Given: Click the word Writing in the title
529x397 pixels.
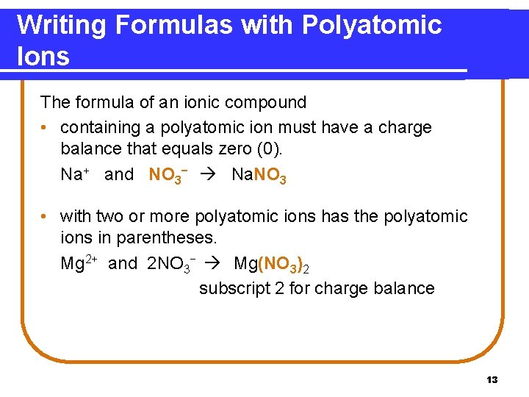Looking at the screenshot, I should [62, 26].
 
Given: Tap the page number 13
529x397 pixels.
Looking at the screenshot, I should [492, 380].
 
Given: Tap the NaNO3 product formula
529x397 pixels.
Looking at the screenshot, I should [259, 175].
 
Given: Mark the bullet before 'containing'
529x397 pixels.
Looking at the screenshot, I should [46, 128].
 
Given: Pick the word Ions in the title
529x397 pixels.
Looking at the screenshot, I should [43, 56].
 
